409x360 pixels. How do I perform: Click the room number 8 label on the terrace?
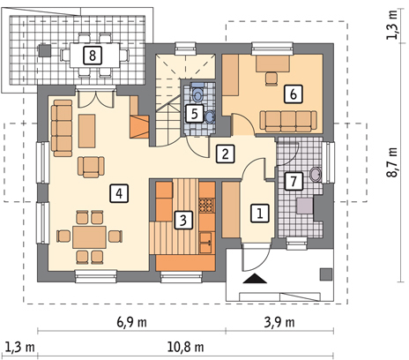[x=93, y=56]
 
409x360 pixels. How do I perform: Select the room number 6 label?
[x=294, y=94]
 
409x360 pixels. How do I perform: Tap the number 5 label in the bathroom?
[x=195, y=114]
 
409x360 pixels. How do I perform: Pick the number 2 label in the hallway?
[x=226, y=154]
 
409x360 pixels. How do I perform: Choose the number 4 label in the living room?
[x=119, y=193]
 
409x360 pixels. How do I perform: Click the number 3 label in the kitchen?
[x=183, y=220]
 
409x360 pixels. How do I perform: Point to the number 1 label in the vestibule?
[x=260, y=213]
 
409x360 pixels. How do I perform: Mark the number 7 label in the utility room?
[x=294, y=181]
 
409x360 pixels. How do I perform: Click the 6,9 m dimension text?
[x=132, y=322]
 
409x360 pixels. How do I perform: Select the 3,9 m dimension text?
[x=279, y=322]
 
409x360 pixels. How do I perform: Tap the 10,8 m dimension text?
[x=186, y=347]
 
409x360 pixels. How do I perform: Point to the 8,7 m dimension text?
[x=392, y=162]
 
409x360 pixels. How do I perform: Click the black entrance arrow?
[x=255, y=278]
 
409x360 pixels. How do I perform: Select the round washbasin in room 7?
[x=316, y=175]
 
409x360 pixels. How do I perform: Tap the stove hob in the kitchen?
[x=207, y=206]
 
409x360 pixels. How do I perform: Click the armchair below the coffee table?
[x=91, y=167]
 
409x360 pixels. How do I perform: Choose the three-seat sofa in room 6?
[x=288, y=121]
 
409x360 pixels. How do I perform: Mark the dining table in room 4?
[x=90, y=237]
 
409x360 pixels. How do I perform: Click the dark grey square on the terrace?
[x=44, y=50]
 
